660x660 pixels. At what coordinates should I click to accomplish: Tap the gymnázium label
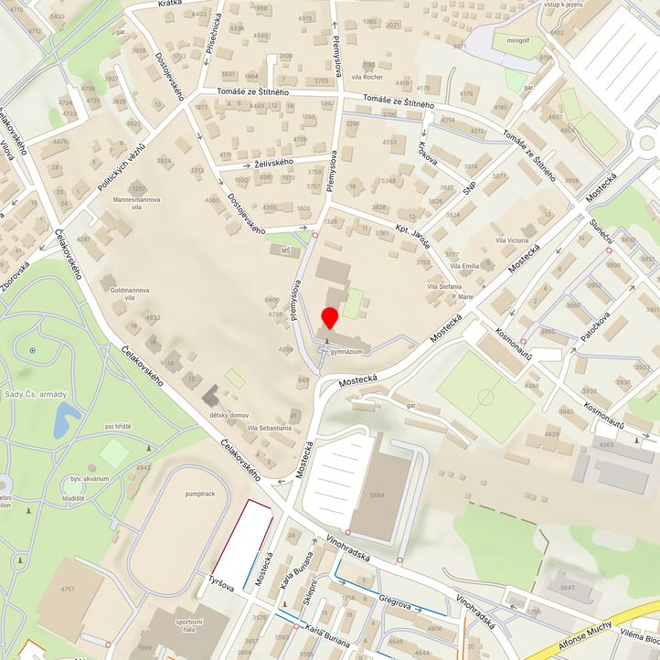tap(348, 351)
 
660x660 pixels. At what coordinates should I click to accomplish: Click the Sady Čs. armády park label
tap(36, 394)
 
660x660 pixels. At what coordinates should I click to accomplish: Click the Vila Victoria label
tap(511, 240)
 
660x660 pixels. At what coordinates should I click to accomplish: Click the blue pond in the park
tap(65, 420)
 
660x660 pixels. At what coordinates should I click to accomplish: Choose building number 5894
tap(376, 495)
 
